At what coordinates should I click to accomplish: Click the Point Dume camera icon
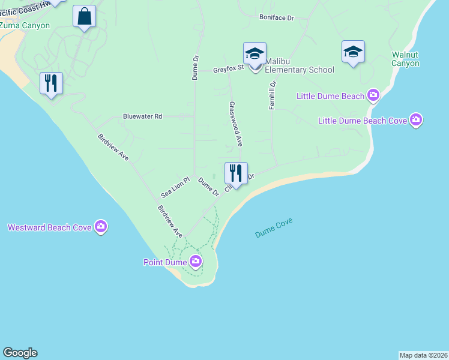tap(196, 261)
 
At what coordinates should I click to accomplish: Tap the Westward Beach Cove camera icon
tap(101, 226)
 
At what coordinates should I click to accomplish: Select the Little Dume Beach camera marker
tap(373, 95)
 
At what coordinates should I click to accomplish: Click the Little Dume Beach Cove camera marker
tap(416, 120)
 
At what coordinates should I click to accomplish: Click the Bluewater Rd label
tap(142, 116)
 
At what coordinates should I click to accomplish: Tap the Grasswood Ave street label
tap(235, 124)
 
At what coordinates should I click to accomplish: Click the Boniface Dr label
tap(276, 18)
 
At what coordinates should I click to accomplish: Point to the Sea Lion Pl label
tap(175, 188)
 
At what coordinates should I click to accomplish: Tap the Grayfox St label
tap(228, 70)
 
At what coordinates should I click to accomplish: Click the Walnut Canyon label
tap(405, 59)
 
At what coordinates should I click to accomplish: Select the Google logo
tap(20, 353)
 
